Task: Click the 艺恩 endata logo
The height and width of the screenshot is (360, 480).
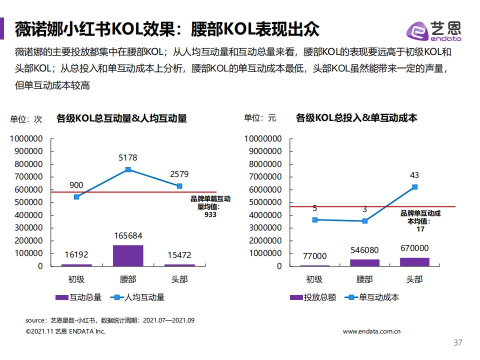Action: [x=434, y=31]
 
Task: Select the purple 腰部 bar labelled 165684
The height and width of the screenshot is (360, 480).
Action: [x=128, y=255]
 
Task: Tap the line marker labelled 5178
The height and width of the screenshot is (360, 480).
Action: [x=128, y=169]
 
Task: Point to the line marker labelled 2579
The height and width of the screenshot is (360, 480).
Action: [x=179, y=186]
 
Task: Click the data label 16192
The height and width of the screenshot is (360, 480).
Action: [x=76, y=255]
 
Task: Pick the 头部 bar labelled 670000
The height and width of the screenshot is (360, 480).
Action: [x=414, y=261]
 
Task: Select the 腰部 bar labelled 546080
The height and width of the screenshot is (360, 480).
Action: [x=364, y=262]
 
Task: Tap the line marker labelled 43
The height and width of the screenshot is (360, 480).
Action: [x=414, y=187]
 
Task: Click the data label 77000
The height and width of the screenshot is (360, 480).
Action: [x=314, y=256]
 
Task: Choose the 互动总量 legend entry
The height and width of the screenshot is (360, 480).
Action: [x=78, y=297]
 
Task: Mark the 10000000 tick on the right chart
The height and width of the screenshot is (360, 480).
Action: [x=262, y=138]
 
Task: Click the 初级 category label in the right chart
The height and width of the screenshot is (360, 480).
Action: [x=314, y=279]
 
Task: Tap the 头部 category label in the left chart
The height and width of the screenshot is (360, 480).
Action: [x=179, y=279]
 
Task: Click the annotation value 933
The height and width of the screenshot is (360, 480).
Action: [x=210, y=214]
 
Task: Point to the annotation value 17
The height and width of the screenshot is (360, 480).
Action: [x=420, y=229]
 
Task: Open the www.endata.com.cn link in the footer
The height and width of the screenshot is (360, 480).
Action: [x=372, y=331]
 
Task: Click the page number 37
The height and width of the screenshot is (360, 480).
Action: [x=457, y=343]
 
